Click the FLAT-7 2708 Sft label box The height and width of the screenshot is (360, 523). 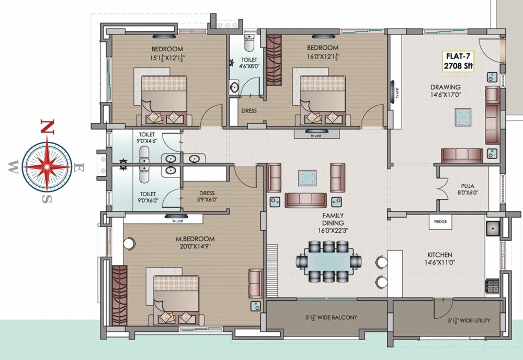point(457,61)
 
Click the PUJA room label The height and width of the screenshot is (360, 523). point(468,186)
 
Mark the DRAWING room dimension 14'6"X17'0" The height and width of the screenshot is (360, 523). point(446,95)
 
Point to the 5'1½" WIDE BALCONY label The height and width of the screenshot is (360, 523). point(332,318)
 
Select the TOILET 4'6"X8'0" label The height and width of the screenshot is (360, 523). point(248,63)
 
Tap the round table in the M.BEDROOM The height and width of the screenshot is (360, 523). point(129,243)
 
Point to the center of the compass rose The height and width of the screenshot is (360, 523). point(47,167)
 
